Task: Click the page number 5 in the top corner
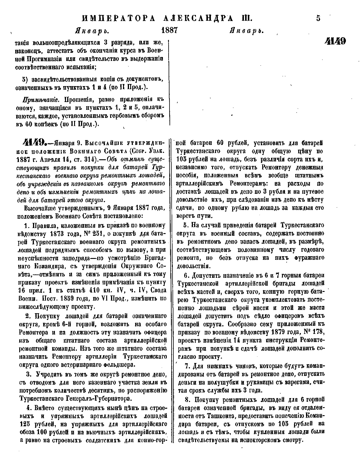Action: (x=318, y=18)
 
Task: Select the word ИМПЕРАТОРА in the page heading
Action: (x=118, y=18)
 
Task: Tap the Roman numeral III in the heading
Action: (x=247, y=18)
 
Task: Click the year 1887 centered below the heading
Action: (x=169, y=30)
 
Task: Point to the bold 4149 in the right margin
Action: (x=335, y=41)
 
